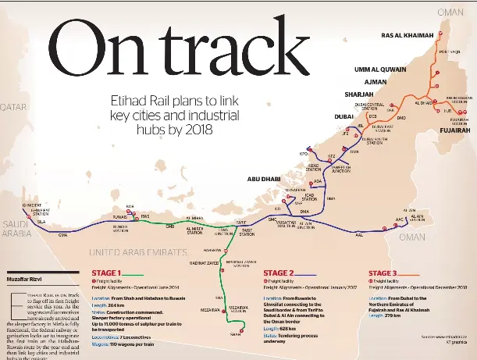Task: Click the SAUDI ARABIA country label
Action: pyautogui.click(x=16, y=226)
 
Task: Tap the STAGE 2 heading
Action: pyautogui.click(x=279, y=273)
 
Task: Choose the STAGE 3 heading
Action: pyautogui.click(x=383, y=273)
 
